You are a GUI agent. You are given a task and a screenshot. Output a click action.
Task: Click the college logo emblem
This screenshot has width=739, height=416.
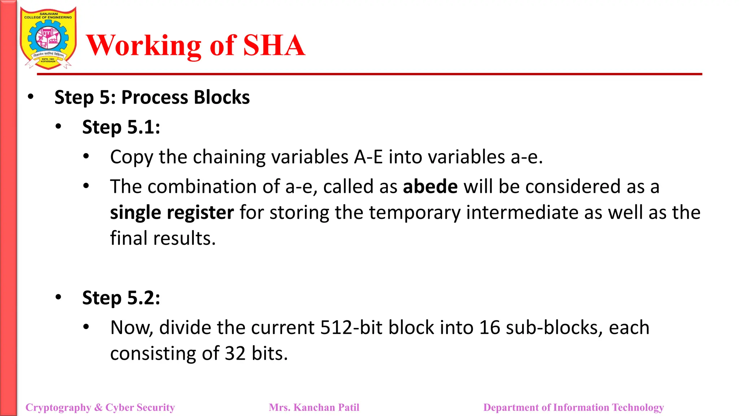pos(48,38)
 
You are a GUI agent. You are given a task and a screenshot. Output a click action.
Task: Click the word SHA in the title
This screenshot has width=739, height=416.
pos(274,45)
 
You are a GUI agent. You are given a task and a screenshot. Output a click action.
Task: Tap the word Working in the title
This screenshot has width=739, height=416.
pos(144,45)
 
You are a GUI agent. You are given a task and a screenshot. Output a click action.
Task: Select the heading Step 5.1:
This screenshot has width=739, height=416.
pos(121,127)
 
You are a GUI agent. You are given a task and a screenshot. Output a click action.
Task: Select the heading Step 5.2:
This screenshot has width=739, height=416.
pos(121,298)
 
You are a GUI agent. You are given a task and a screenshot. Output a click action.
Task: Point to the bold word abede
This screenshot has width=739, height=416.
pos(430,187)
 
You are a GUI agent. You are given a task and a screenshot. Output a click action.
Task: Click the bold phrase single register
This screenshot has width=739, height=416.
pos(172,212)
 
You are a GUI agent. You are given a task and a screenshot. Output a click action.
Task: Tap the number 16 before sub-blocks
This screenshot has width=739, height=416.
pos(490,328)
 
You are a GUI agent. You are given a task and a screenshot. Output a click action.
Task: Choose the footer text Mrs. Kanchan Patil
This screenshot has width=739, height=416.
pos(314,407)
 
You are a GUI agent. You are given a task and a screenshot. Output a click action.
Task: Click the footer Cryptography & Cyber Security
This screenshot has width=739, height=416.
pos(100,407)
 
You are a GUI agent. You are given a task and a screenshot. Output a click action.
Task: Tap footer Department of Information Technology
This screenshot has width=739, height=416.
pos(573,407)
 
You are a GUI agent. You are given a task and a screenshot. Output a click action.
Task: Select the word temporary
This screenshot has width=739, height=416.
pos(415,212)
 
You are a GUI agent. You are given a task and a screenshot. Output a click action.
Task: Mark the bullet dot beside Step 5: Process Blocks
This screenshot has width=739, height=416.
pos(31,97)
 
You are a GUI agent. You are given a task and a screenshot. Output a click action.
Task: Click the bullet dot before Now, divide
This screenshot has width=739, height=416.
pos(86,327)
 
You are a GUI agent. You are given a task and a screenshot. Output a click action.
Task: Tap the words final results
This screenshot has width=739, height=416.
pos(163,238)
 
